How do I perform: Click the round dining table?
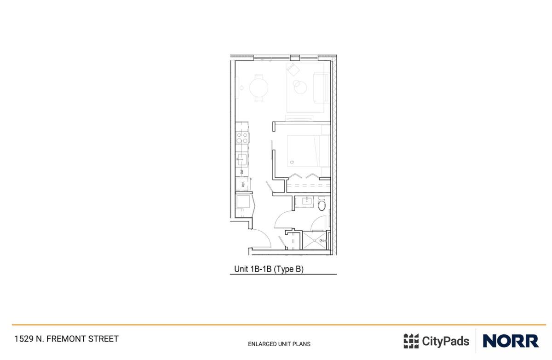[x=259, y=87]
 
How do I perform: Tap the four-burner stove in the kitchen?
[x=242, y=137]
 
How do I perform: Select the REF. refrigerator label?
[x=242, y=185]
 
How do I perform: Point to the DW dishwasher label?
[x=241, y=171]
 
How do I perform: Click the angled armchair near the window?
[x=293, y=70]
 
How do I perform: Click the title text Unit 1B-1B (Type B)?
[x=269, y=270]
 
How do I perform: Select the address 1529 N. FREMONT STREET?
[x=66, y=339]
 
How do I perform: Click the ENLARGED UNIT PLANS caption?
[x=279, y=344]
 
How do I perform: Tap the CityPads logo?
[x=436, y=341]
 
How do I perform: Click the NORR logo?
[x=510, y=341]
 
